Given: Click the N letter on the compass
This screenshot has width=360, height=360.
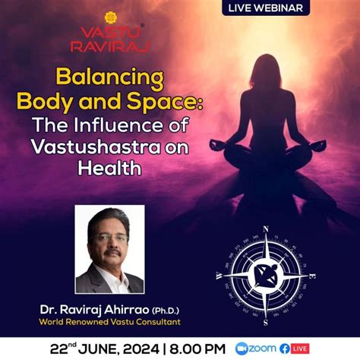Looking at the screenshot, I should point(265,228).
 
